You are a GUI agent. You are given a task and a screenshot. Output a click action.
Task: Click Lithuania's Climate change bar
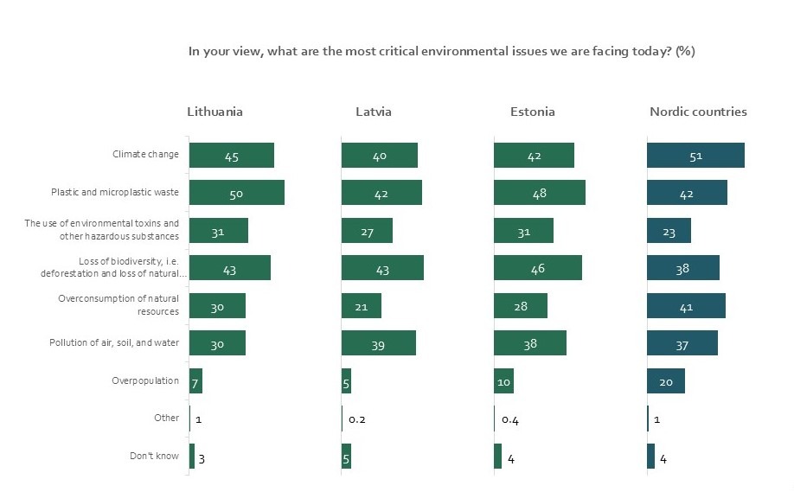click(x=231, y=156)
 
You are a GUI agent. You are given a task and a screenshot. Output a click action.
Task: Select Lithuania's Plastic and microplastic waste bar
click(x=236, y=193)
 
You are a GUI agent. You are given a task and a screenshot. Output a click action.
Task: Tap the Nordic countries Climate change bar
click(x=695, y=156)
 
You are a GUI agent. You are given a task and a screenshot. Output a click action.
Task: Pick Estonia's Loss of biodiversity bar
click(x=537, y=268)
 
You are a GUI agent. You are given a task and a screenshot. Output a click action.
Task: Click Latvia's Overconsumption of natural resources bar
click(x=361, y=305)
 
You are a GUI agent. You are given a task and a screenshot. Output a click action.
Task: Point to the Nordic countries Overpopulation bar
click(x=665, y=380)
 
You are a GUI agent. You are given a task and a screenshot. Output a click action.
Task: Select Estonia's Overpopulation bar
click(x=503, y=380)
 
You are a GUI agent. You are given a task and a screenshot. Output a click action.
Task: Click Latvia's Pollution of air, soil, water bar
click(x=378, y=343)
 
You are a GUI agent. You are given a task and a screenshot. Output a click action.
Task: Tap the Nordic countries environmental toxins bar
click(x=669, y=231)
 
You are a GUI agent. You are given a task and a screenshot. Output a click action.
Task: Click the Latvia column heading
click(x=373, y=112)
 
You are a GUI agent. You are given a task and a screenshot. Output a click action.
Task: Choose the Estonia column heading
click(x=533, y=112)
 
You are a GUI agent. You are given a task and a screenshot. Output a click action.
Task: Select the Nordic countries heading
click(x=698, y=112)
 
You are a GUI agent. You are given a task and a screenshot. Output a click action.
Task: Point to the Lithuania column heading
click(x=215, y=112)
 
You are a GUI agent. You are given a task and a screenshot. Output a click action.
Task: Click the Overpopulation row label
click(x=145, y=380)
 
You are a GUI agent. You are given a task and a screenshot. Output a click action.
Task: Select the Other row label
click(x=167, y=419)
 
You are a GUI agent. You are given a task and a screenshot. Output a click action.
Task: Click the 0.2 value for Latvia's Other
click(x=356, y=419)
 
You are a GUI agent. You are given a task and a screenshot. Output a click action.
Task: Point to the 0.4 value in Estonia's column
click(x=510, y=419)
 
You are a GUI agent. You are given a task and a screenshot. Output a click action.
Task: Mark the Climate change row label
click(x=145, y=155)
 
